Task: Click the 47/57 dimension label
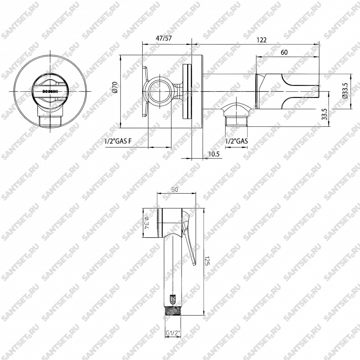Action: tap(164, 38)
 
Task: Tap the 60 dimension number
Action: tap(284, 52)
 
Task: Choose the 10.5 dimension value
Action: tap(214, 154)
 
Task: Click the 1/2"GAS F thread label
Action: tap(118, 141)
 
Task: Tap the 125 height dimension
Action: tap(206, 261)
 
